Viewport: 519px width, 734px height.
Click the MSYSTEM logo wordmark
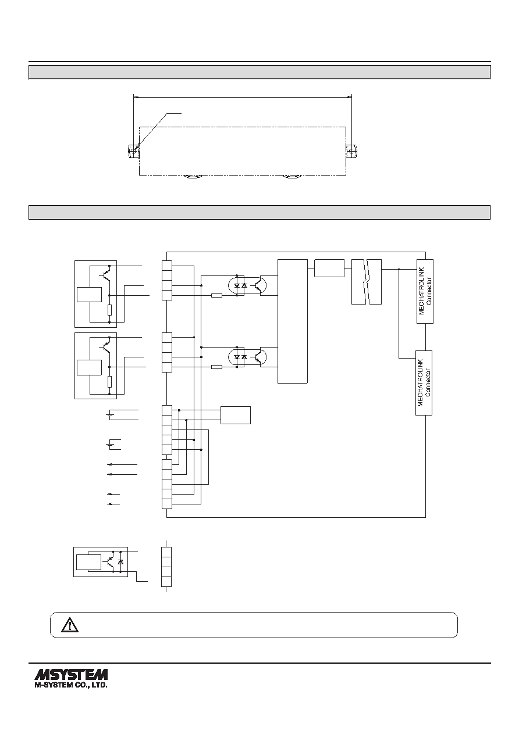71,675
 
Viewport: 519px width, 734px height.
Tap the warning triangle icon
70,625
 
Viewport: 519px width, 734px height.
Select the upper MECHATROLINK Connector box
425,291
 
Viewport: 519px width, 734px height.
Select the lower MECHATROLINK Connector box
424,383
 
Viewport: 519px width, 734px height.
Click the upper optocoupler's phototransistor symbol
261,285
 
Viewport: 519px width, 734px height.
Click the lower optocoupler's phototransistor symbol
261,357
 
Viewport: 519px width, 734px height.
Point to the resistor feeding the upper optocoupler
216,296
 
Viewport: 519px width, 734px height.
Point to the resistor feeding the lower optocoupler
216,367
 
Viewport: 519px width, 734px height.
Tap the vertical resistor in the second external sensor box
109,382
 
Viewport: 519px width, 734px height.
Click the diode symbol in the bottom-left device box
120,562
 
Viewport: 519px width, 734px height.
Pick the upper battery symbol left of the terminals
109,415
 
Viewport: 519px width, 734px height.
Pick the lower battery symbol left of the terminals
109,445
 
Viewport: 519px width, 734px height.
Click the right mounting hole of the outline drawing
351,151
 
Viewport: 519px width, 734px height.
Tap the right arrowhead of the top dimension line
349,97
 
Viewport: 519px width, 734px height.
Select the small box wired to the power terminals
236,415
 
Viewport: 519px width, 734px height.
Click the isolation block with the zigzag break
367,282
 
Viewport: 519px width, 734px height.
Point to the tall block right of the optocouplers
293,321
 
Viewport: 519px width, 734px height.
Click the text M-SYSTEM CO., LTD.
71,685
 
